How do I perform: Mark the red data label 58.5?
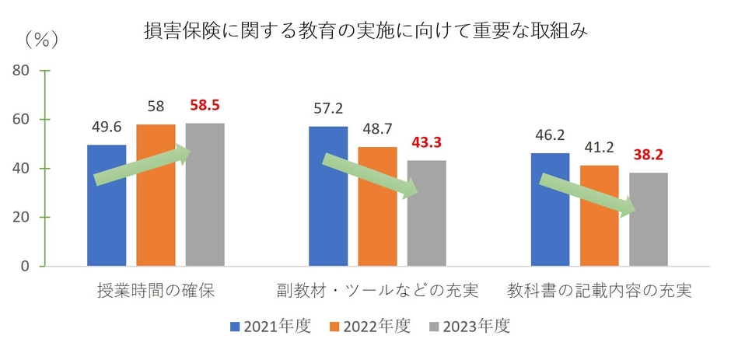(x=205, y=104)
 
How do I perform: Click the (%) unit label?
(x=45, y=38)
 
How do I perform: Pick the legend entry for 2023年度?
(x=470, y=327)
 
